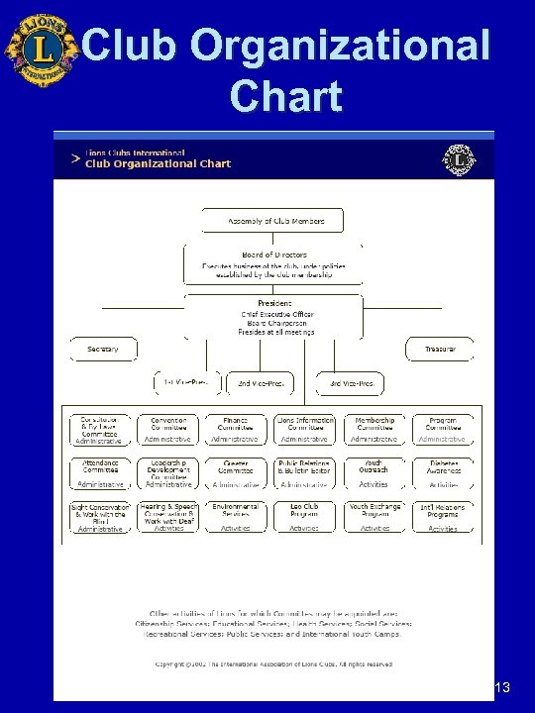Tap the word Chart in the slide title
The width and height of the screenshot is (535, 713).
(285, 96)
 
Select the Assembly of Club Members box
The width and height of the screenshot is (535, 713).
(271, 221)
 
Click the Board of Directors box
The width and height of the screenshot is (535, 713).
(273, 262)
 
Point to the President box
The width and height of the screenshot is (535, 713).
(273, 317)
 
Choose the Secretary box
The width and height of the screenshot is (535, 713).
(103, 349)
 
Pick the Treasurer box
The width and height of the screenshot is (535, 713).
(440, 349)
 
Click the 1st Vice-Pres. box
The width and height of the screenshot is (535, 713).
(186, 382)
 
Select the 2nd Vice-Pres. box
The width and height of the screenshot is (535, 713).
(261, 382)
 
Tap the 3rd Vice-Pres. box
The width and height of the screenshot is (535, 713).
(349, 382)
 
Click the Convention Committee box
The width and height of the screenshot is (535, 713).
(168, 429)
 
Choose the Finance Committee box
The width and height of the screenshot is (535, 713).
(236, 429)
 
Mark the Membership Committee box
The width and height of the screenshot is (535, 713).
(374, 429)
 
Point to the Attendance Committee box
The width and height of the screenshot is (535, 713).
(100, 472)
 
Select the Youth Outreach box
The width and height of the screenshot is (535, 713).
(374, 472)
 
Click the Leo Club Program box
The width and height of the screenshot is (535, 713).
(304, 516)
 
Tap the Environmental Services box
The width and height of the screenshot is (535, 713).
(236, 516)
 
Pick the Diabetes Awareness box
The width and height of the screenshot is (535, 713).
(443, 472)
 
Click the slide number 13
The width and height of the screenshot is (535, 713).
(501, 688)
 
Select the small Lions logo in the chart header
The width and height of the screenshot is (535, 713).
(459, 159)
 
